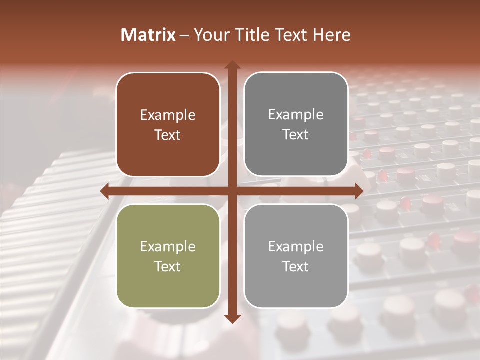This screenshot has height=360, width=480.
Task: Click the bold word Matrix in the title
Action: (148, 35)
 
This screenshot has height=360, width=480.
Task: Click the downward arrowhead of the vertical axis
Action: (232, 318)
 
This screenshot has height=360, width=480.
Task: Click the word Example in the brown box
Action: (168, 115)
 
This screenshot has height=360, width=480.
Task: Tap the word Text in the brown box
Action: (168, 135)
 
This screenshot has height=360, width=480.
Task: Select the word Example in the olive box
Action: (168, 247)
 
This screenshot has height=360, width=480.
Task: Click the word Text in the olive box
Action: (168, 266)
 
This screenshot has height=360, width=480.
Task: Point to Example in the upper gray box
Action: (296, 115)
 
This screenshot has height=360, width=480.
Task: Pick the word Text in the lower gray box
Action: (296, 266)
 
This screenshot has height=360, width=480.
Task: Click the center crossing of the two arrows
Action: (232, 191)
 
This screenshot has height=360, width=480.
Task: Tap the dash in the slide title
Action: (184, 35)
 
